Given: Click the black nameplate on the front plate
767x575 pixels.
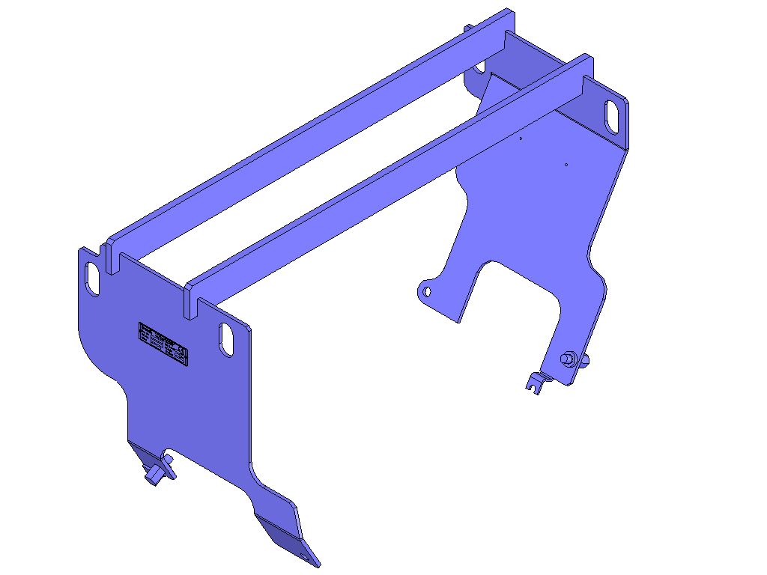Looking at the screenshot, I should point(163,344).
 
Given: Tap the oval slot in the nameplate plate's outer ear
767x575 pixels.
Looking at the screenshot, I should point(92,276).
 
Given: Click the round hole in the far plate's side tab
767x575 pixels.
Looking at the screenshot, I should point(427,291).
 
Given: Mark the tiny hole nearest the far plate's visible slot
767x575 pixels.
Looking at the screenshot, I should point(566,164).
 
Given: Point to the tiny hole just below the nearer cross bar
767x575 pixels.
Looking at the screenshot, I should point(521,138).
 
